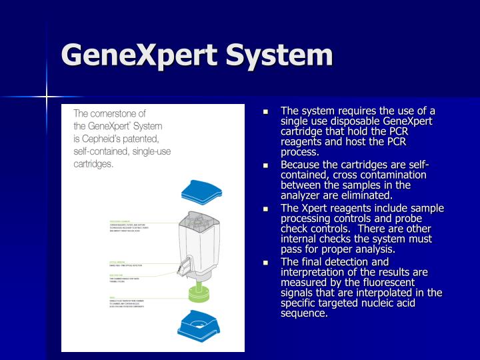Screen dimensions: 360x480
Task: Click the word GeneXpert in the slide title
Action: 139,55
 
